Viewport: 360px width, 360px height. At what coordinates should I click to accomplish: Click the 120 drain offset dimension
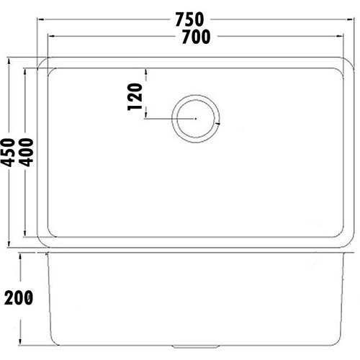pyautogui.click(x=135, y=95)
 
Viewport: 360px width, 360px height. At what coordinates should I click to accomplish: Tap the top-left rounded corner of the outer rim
pyautogui.click(x=42, y=60)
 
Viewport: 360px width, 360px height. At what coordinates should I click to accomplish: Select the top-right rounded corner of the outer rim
pyautogui.click(x=348, y=60)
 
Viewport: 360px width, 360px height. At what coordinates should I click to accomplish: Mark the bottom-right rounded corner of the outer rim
pyautogui.click(x=348, y=244)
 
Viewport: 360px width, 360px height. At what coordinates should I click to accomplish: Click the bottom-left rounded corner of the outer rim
pyautogui.click(x=42, y=244)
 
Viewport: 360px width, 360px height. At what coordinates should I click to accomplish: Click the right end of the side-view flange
pyautogui.click(x=352, y=254)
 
